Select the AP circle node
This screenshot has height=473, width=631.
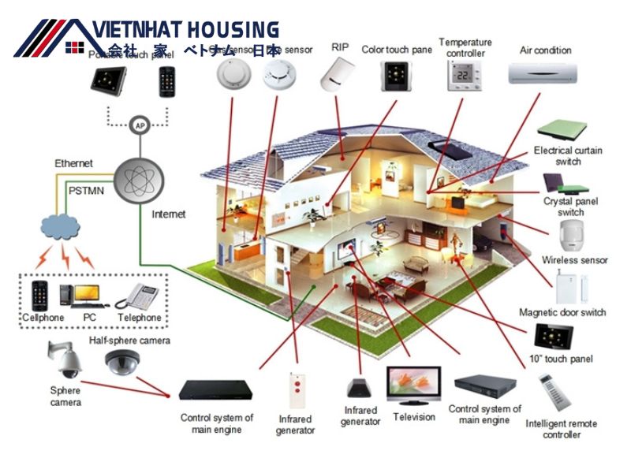click(140, 125)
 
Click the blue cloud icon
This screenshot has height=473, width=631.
click(61, 227)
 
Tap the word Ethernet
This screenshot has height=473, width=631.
click(73, 163)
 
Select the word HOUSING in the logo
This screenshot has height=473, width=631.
click(233, 30)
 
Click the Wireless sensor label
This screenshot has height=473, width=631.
click(574, 260)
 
